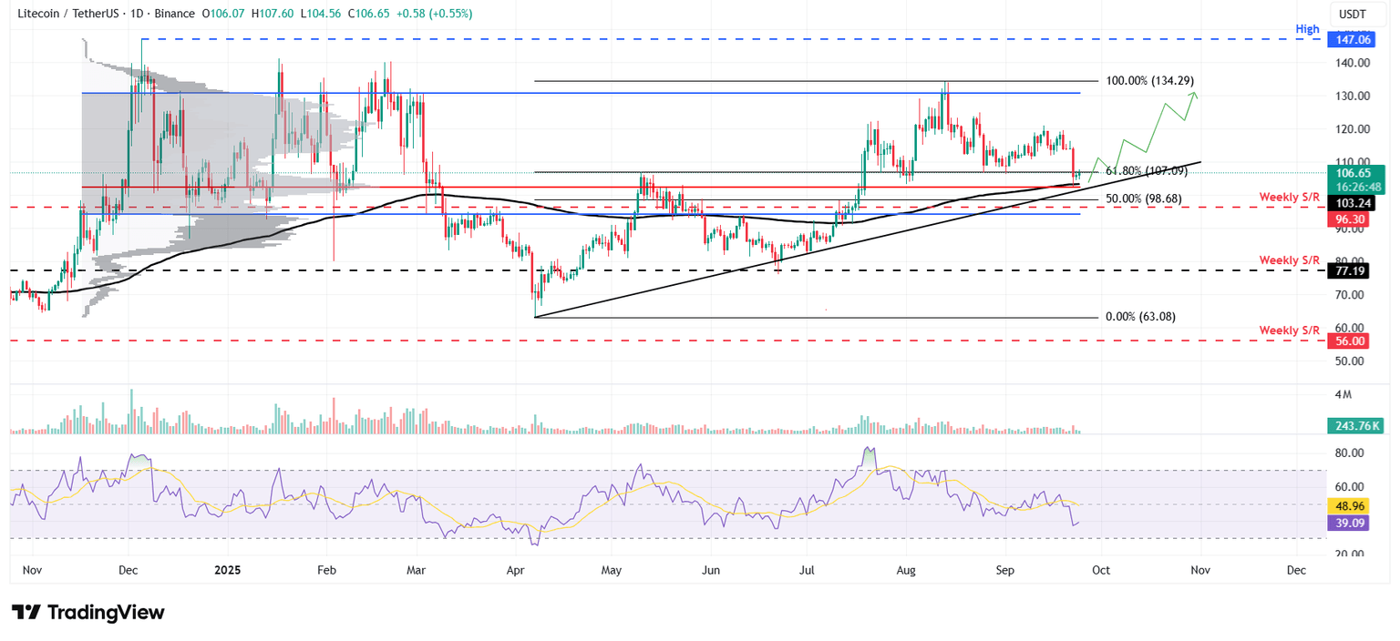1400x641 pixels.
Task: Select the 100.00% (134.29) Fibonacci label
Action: point(1149,81)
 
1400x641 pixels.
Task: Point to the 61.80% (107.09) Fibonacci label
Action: point(1146,170)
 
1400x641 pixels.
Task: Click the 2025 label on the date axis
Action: point(226,570)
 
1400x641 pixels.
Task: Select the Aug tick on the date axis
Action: point(905,570)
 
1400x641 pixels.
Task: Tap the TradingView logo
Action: point(87,612)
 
